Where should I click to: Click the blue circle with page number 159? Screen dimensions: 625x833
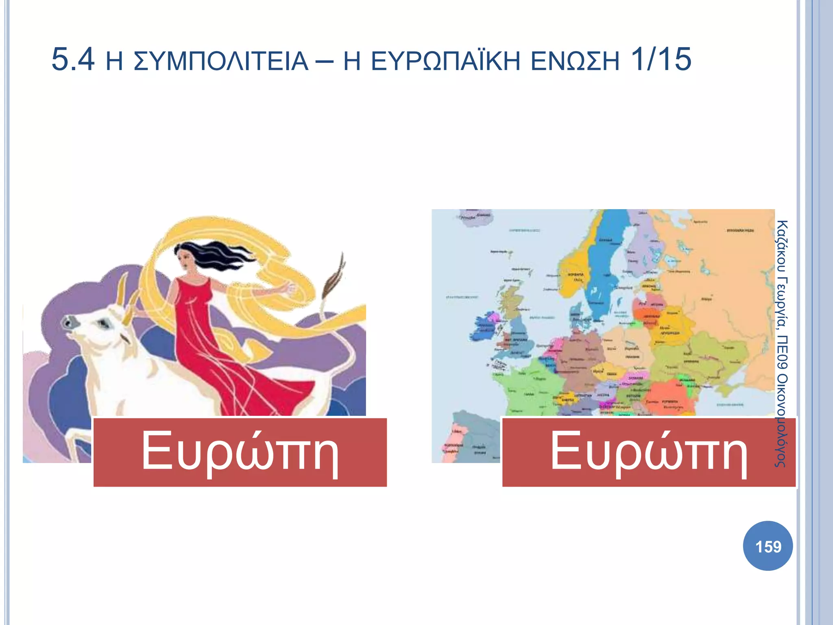tap(768, 546)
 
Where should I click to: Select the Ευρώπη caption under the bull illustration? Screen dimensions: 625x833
tap(240, 452)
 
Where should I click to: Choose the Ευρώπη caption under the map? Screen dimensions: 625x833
tap(649, 452)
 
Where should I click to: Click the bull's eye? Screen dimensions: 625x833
tap(104, 324)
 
